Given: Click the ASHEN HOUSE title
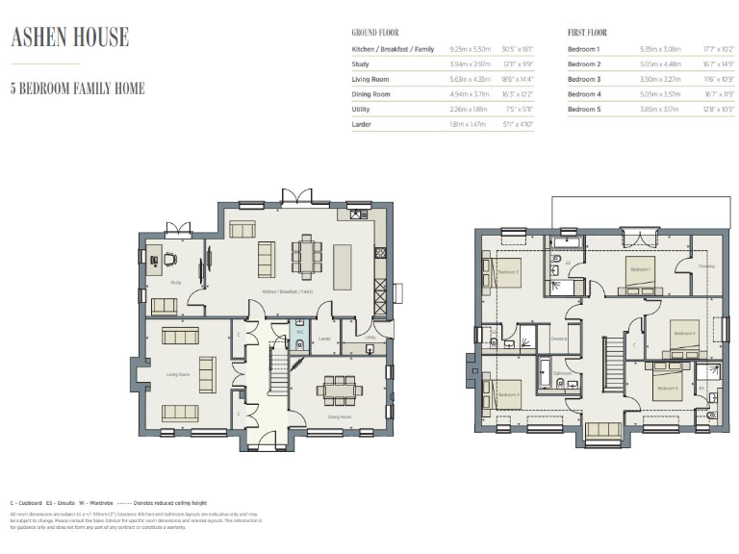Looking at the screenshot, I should tap(69, 38).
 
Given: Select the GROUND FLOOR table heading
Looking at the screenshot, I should tap(376, 33).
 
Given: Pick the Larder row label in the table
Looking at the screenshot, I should tap(362, 124).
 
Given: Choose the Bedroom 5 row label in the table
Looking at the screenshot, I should tap(583, 109).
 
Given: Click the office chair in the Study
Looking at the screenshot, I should tap(169, 258).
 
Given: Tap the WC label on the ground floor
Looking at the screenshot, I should tap(299, 332).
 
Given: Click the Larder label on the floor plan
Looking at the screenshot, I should tap(324, 339).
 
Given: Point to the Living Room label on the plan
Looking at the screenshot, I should tap(177, 374).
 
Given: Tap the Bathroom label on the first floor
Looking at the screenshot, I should tap(563, 372).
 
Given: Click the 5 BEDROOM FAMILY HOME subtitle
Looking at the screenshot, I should tap(77, 88).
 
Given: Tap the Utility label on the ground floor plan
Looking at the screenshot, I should tap(370, 338).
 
